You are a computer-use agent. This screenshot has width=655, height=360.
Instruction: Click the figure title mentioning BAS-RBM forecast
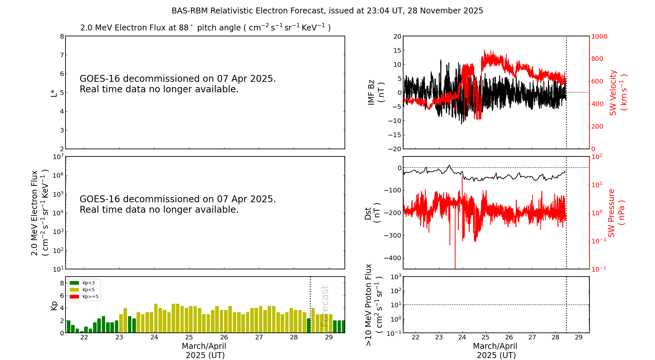[327, 11]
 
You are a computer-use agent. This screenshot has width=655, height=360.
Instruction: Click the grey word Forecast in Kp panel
[325, 306]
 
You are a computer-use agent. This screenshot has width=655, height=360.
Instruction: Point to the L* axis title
[54, 93]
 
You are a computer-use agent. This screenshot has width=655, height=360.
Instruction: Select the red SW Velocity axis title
[618, 92]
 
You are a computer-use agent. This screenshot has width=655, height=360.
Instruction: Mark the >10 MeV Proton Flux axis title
[374, 305]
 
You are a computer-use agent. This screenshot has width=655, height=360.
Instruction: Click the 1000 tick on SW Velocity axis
[599, 36]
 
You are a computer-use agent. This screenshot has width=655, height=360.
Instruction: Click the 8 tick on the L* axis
[62, 36]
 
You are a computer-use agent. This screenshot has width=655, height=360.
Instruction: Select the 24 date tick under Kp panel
[154, 337]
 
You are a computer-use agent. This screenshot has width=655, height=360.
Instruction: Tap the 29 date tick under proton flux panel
[579, 337]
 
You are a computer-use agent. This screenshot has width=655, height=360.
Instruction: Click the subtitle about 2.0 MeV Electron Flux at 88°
[205, 27]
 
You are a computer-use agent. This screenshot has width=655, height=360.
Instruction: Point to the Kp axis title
[54, 305]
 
